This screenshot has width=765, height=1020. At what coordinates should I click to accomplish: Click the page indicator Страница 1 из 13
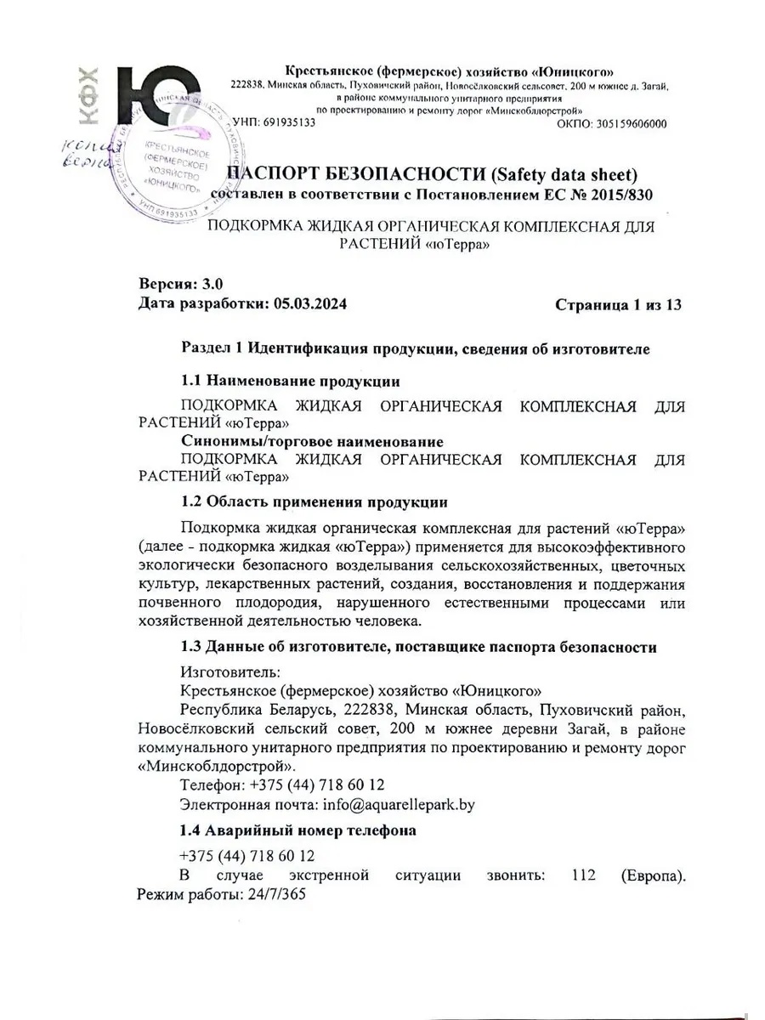(x=618, y=303)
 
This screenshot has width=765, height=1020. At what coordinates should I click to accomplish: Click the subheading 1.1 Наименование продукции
(x=291, y=381)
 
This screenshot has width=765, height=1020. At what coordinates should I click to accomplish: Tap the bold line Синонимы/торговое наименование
(x=312, y=441)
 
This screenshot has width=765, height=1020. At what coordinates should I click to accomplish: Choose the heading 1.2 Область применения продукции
(x=314, y=501)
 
